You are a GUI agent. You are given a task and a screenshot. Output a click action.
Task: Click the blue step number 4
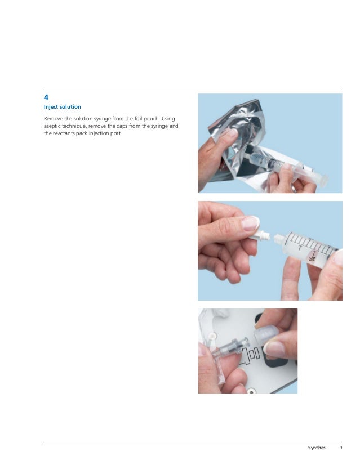click(46, 97)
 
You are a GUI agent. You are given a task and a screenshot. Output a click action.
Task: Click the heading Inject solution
click(63, 107)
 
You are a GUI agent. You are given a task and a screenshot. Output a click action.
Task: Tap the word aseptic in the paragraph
click(52, 126)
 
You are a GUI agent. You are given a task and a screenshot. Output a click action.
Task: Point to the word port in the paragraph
click(116, 133)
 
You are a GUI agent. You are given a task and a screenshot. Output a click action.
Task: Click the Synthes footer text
click(317, 448)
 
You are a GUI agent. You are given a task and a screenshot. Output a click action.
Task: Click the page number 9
click(341, 448)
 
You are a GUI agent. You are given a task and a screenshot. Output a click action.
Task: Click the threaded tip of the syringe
click(279, 239)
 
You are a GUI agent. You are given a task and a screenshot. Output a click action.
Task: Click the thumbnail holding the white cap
click(250, 223)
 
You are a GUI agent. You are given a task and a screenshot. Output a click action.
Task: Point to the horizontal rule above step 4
click(193, 90)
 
